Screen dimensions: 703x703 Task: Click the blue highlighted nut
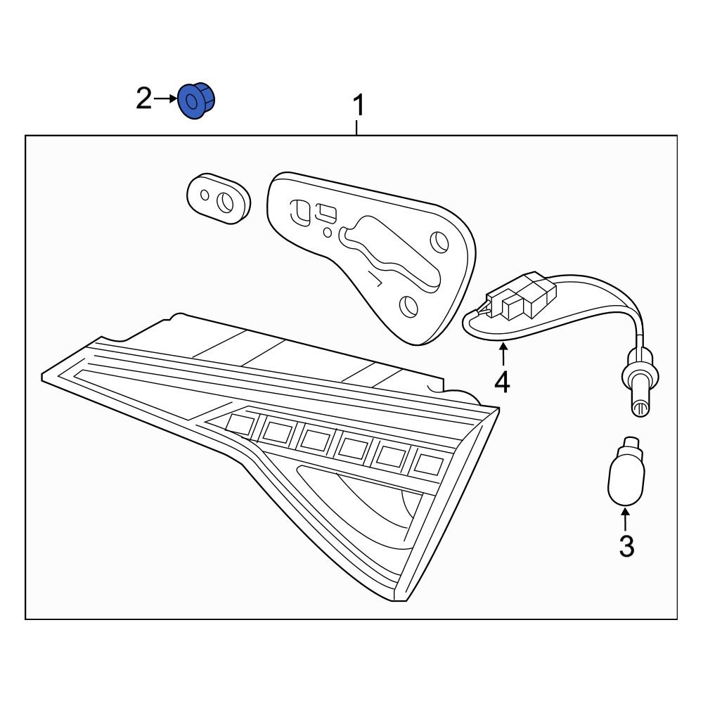[x=196, y=101]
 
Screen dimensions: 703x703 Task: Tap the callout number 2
[x=143, y=98]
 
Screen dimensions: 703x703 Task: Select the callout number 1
[x=359, y=105]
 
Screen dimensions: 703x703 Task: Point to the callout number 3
[x=626, y=546]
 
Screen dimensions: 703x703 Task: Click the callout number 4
[x=503, y=382]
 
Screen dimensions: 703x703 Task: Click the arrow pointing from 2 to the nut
[x=165, y=98]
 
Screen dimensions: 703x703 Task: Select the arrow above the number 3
[x=625, y=519]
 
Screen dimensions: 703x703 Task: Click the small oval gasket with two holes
[x=219, y=199]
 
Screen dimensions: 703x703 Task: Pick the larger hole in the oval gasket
[x=225, y=202]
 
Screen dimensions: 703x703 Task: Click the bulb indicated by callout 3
[x=626, y=471]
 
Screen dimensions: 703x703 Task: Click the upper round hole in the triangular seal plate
[x=439, y=242]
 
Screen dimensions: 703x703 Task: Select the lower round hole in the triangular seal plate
[x=408, y=307]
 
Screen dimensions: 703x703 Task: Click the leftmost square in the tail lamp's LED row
[x=240, y=425]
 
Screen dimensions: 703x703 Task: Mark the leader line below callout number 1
[x=356, y=127]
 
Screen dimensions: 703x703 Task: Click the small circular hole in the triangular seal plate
[x=328, y=232]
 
